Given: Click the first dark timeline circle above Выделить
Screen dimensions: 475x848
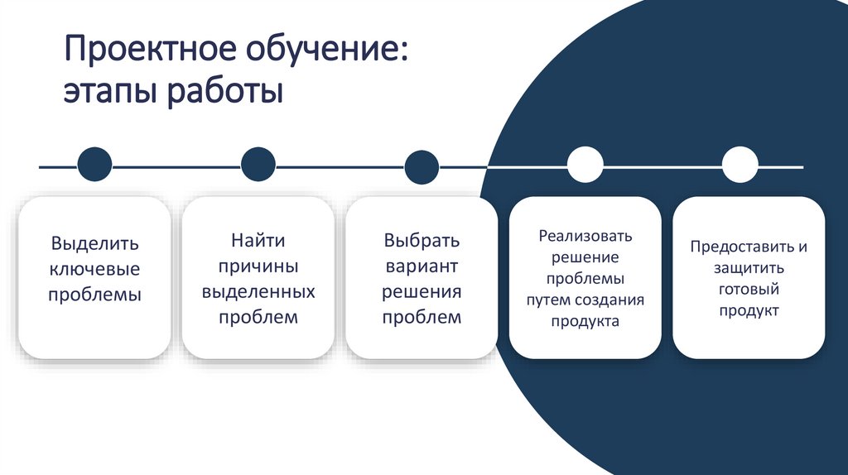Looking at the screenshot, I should tap(94, 165).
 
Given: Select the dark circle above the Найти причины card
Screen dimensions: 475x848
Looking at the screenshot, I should tap(258, 165).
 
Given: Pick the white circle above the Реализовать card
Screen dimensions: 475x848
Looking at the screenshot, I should tap(585, 165).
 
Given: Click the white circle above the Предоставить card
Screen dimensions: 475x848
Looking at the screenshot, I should tap(740, 165).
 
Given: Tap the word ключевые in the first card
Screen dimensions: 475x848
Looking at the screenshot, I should tap(94, 269).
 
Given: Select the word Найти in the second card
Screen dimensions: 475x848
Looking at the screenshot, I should tap(258, 241).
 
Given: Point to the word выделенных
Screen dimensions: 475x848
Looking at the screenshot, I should tap(258, 292).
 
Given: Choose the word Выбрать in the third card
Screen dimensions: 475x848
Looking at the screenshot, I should tap(422, 241).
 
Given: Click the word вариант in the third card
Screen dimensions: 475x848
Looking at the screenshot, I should tap(422, 266).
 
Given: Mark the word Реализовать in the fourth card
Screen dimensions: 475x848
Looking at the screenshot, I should tap(585, 236).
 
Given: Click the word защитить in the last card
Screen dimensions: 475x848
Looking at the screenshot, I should tap(748, 269).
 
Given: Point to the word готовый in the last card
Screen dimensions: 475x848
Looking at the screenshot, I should tap(748, 290).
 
